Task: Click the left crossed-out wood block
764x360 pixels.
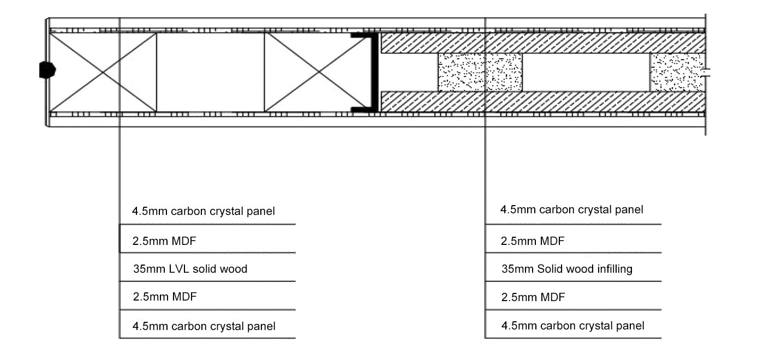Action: pos(103,72)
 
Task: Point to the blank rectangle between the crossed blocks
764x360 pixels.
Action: pos(210,72)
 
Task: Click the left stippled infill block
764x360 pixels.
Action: pos(480,72)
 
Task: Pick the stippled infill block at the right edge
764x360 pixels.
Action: pos(677,72)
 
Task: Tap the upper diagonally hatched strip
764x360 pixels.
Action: pos(543,43)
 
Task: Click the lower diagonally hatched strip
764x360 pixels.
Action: pos(543,101)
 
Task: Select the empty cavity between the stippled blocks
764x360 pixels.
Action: pos(586,72)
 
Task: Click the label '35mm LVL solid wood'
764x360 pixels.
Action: pos(190,269)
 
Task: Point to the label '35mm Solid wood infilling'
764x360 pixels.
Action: pos(567,269)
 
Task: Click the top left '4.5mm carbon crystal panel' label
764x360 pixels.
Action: pos(203,211)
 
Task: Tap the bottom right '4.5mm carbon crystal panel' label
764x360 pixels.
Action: pos(573,326)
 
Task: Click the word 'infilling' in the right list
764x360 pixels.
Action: pos(613,269)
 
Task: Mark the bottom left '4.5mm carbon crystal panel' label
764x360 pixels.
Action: pos(204,327)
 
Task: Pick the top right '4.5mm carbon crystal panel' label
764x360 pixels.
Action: pos(572,209)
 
